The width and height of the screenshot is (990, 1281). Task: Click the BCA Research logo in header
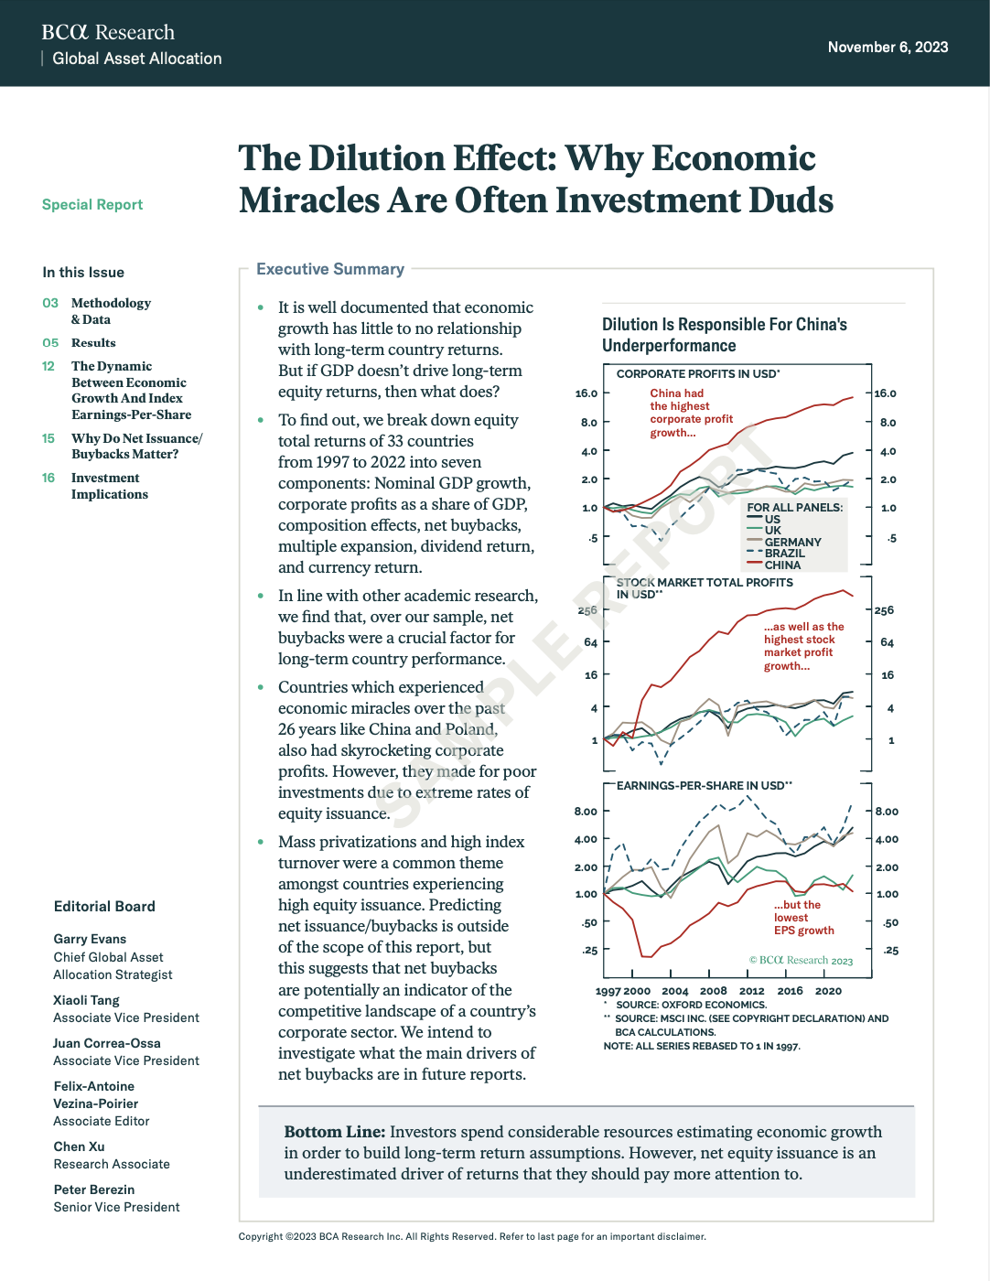point(108,33)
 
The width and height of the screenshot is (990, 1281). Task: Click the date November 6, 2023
point(888,48)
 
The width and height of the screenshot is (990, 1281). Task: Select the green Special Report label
point(92,205)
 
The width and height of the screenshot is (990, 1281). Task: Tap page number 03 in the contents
point(50,303)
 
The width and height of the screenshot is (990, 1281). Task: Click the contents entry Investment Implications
point(109,486)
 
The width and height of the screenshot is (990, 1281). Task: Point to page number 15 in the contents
point(48,438)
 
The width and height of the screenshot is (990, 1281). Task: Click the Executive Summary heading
point(330,269)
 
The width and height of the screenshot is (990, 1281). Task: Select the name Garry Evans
point(90,939)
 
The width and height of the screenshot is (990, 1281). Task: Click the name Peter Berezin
point(94,1189)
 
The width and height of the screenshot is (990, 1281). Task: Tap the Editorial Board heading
point(104,907)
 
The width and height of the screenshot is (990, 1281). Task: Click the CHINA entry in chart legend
point(782,565)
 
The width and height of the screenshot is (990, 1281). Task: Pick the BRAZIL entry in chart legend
point(784,554)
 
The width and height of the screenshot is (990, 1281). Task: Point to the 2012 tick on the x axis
point(751,991)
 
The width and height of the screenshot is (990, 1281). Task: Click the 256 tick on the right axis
point(884,610)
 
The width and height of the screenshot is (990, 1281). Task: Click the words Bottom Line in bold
point(334,1132)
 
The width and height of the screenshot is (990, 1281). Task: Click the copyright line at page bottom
point(472,1237)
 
